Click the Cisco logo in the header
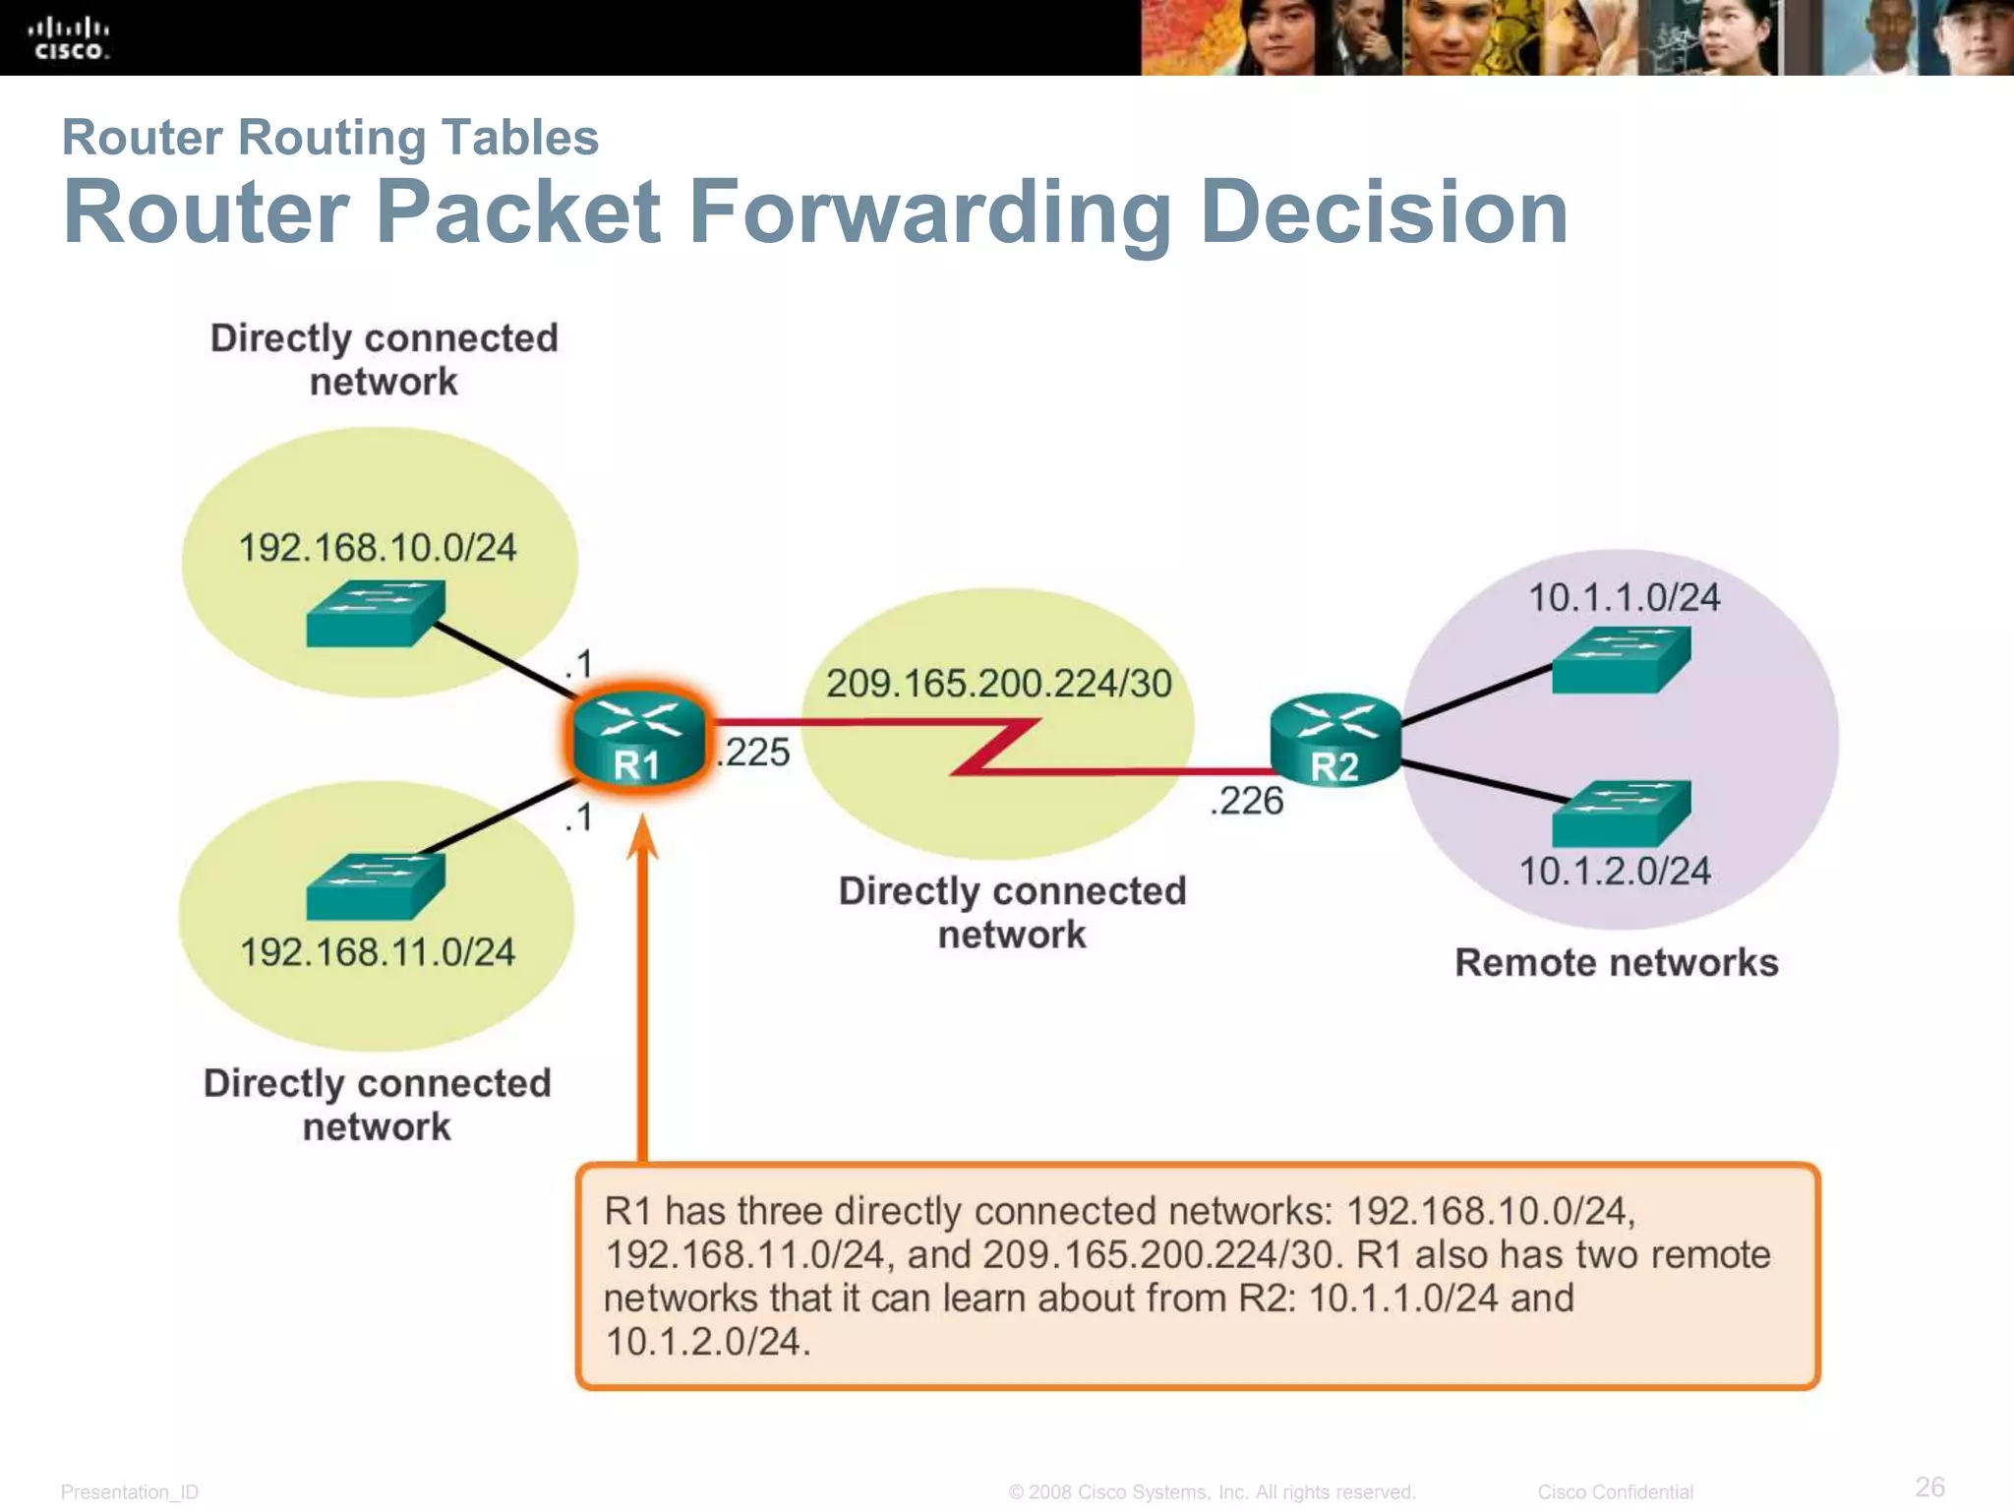point(68,38)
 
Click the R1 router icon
point(638,739)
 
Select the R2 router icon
point(1334,741)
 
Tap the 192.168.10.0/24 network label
point(378,548)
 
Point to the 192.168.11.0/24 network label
point(378,952)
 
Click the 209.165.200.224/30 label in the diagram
point(998,684)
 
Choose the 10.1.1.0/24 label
point(1624,598)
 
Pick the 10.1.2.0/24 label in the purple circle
point(1615,872)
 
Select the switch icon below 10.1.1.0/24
point(1621,660)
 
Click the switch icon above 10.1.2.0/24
point(1621,814)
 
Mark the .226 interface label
point(1246,801)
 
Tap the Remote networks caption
point(1616,963)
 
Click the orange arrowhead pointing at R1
point(642,839)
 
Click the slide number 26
point(1929,1486)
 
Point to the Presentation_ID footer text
point(130,1492)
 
